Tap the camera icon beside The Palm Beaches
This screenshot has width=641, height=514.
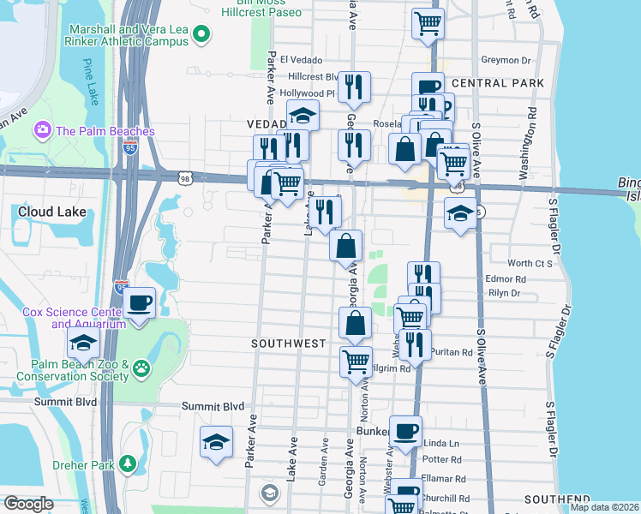[40, 131]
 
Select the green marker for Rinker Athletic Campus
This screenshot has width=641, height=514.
[201, 34]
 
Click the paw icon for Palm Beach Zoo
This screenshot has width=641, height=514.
[141, 370]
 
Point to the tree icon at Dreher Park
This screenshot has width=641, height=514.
[128, 463]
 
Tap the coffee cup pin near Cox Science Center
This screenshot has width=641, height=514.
[139, 302]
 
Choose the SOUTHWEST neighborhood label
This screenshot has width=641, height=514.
[288, 343]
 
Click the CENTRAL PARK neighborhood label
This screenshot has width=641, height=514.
[497, 83]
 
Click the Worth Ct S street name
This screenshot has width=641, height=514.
[530, 264]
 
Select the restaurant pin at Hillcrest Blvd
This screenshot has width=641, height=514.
[353, 87]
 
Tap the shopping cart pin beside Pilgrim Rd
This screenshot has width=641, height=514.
[356, 360]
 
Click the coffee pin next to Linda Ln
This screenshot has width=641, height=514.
[406, 431]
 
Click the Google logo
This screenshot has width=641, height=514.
[28, 504]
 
